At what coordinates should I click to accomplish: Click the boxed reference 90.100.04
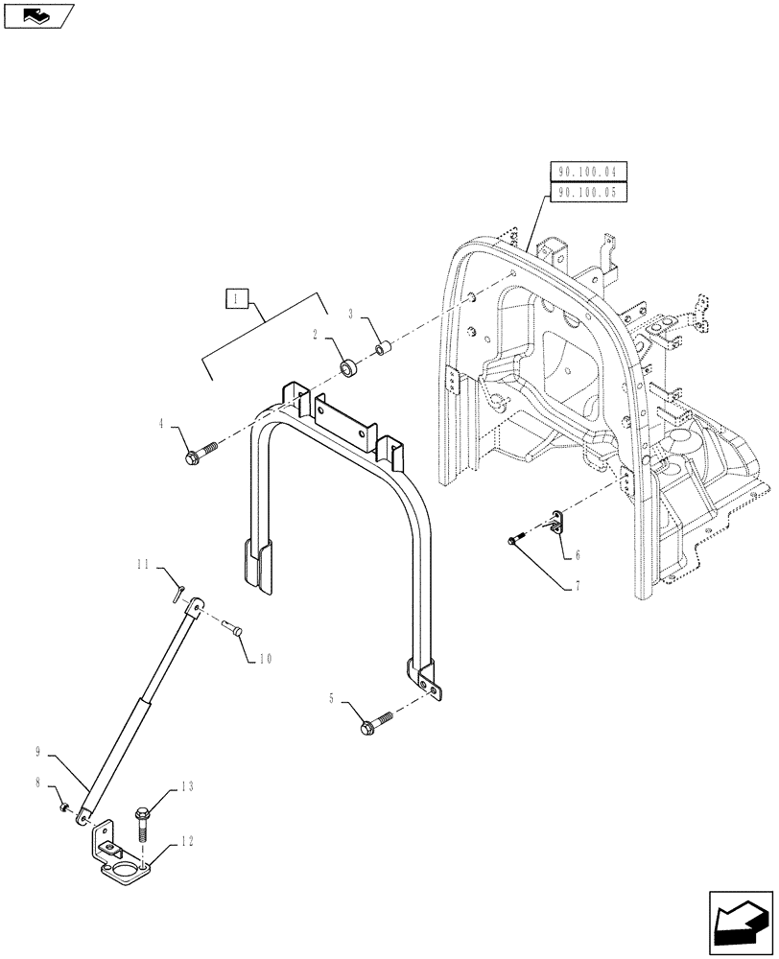pyautogui.click(x=588, y=173)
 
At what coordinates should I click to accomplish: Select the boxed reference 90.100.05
pyautogui.click(x=588, y=193)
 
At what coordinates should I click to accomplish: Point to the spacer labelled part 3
pyautogui.click(x=381, y=347)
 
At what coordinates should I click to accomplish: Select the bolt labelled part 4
pyautogui.click(x=198, y=454)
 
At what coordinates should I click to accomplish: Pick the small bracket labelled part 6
pyautogui.click(x=555, y=522)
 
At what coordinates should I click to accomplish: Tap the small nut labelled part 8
pyautogui.click(x=65, y=808)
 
